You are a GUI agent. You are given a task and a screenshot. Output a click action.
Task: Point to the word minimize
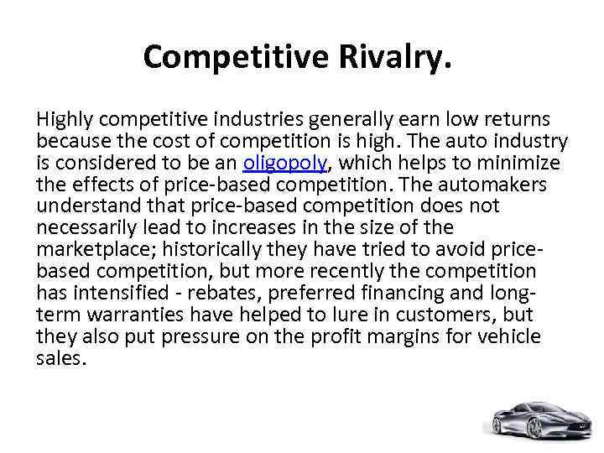coord(518,162)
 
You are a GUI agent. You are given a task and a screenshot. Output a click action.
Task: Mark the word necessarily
coord(83,227)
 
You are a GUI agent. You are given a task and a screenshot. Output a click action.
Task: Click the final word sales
coord(60,358)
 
